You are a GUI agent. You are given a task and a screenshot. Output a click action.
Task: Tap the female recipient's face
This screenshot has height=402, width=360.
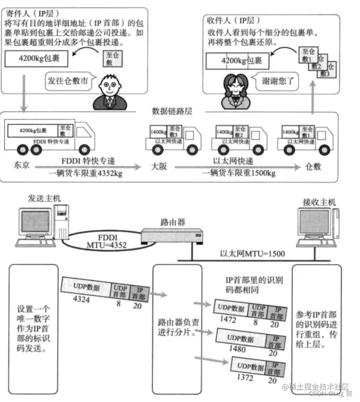[x=234, y=82]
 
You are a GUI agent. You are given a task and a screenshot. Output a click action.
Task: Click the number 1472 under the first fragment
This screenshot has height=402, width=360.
[x=226, y=320]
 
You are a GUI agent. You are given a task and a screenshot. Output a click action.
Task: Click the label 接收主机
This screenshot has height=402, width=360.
[x=319, y=202]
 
